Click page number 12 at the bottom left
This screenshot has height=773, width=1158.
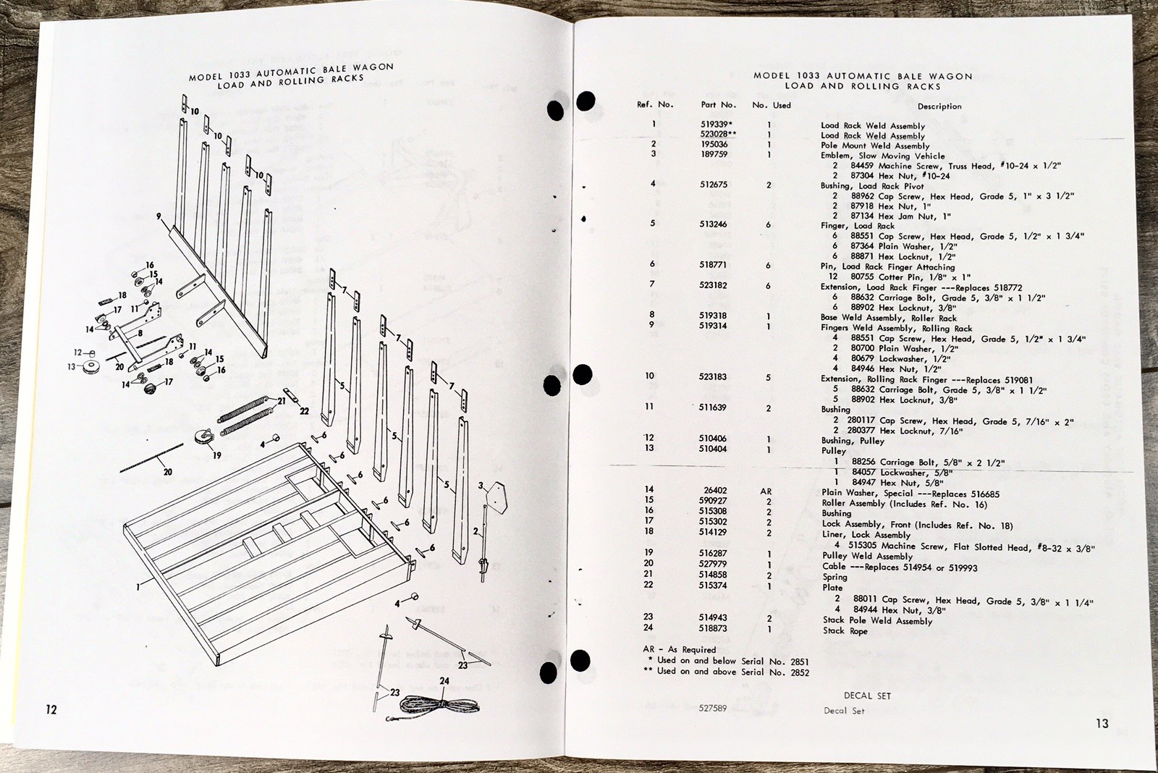tap(51, 709)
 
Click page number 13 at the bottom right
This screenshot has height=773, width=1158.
tap(1102, 722)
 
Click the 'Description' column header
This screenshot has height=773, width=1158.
tap(939, 106)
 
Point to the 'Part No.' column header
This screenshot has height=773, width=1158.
tap(718, 105)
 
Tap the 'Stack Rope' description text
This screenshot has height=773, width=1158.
tap(845, 630)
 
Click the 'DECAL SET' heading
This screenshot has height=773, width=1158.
tap(867, 696)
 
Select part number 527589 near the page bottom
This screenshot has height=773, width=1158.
tap(712, 709)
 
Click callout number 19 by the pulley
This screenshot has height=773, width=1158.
tap(216, 455)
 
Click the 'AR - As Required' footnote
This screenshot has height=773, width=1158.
tap(679, 649)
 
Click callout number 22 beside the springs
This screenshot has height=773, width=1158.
tap(305, 410)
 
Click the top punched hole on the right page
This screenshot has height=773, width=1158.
tap(586, 101)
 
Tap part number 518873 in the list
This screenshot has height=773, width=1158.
tap(713, 628)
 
